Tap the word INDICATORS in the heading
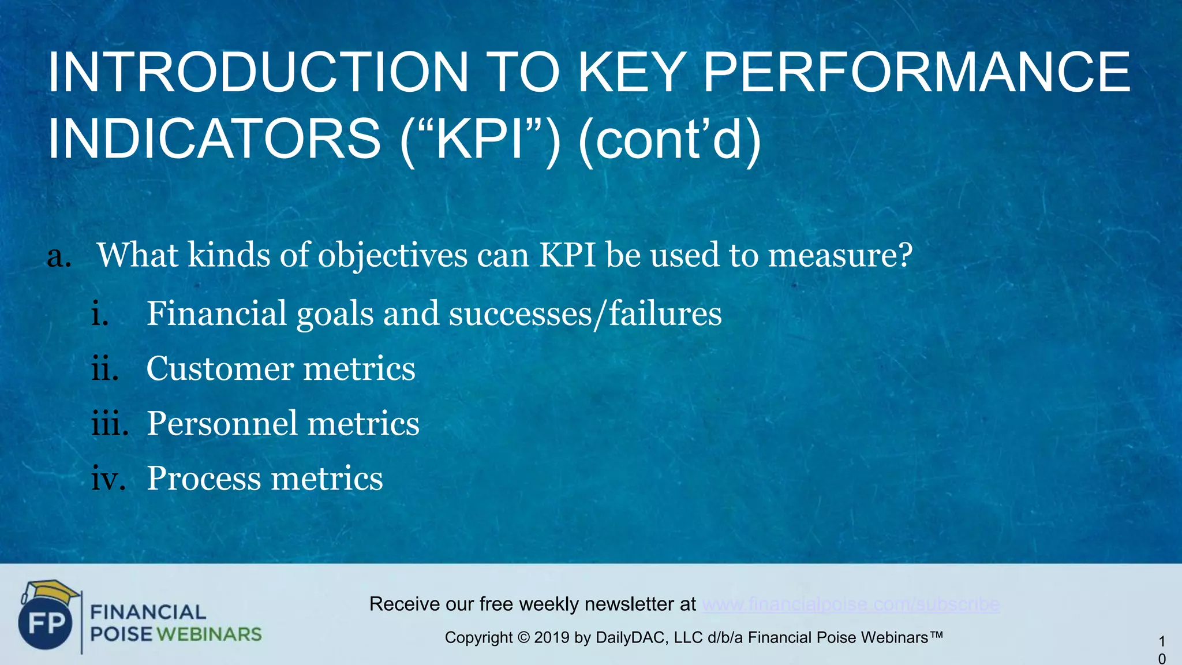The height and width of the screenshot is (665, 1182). pos(214,139)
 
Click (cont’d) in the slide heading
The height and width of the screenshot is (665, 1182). pos(669,139)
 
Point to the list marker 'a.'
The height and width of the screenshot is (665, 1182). pos(59,256)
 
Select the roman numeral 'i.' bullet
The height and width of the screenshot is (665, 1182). pos(100,313)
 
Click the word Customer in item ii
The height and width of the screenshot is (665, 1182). pos(219,368)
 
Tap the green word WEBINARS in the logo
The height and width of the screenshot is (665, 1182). pos(209,634)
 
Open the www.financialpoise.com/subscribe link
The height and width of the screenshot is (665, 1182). pos(851,604)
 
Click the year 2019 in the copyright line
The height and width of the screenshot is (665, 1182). pos(551,638)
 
